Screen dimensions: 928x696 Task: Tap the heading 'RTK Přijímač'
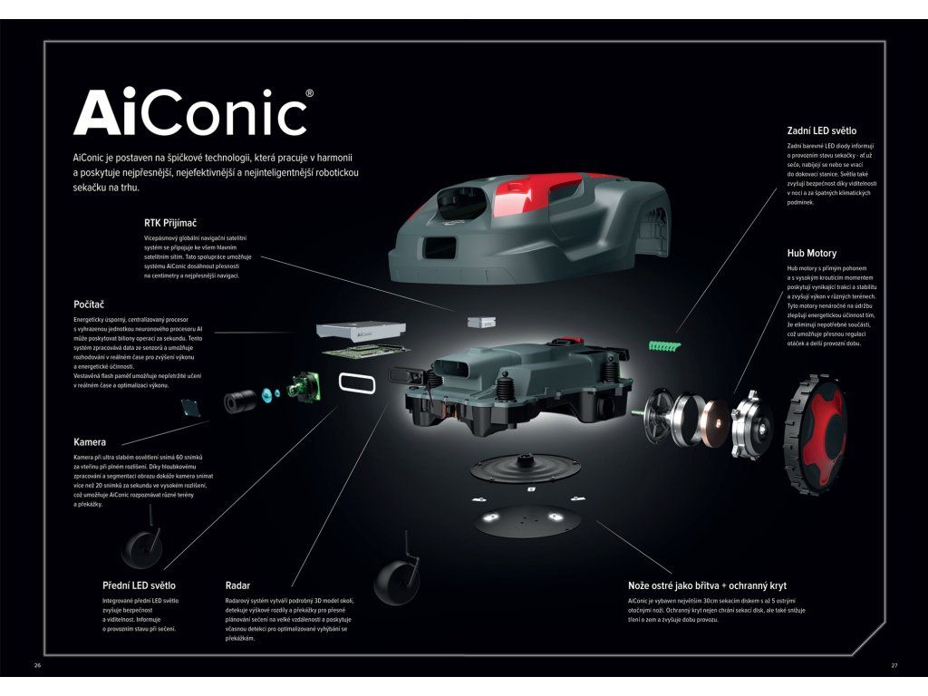pos(170,221)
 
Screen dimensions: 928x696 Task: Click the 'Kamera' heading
pos(90,442)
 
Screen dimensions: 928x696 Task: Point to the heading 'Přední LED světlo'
pos(139,585)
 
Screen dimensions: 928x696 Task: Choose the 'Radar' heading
pos(237,585)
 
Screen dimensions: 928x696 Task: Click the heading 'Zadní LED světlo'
pos(821,130)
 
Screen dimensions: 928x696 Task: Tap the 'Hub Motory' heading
pos(811,253)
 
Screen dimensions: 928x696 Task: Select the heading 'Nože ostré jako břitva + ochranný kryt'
pos(708,585)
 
